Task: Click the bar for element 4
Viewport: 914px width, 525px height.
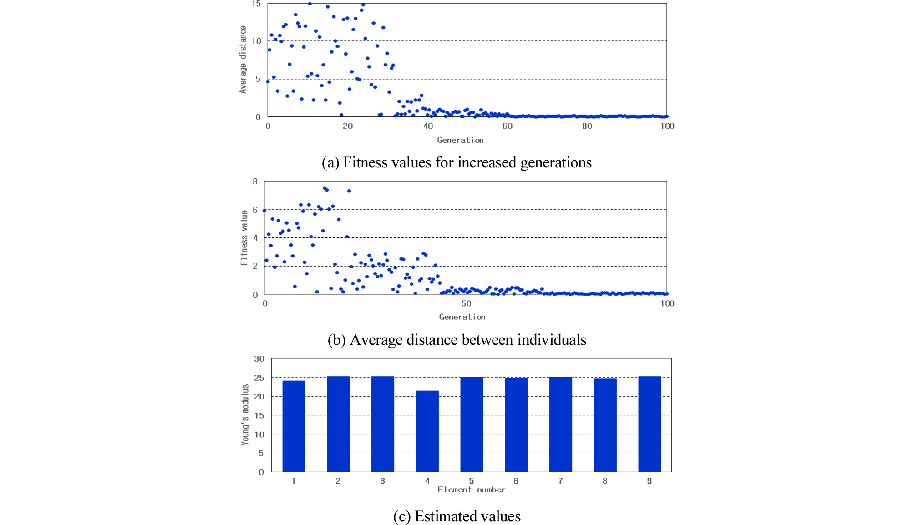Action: pyautogui.click(x=427, y=431)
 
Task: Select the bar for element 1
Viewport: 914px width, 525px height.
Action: pyautogui.click(x=294, y=426)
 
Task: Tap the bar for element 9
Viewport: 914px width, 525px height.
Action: pyautogui.click(x=650, y=424)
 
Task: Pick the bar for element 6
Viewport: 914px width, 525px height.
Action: pyautogui.click(x=516, y=424)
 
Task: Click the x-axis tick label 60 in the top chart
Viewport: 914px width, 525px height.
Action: pyautogui.click(x=508, y=126)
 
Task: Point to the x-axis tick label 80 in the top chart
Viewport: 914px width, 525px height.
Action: pyautogui.click(x=587, y=126)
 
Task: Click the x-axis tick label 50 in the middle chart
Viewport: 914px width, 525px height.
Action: pyautogui.click(x=466, y=303)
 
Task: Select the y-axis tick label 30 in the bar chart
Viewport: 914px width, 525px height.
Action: pyautogui.click(x=259, y=359)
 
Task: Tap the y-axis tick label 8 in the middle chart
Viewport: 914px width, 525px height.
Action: pyautogui.click(x=255, y=182)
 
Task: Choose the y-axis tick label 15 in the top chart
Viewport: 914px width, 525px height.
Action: pyautogui.click(x=256, y=4)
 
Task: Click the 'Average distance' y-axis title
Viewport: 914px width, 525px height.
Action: pyautogui.click(x=243, y=60)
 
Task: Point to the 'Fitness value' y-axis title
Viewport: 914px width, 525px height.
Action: pyautogui.click(x=244, y=237)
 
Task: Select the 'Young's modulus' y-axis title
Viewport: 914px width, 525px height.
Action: pyautogui.click(x=245, y=414)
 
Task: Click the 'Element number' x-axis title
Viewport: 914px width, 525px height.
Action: pyautogui.click(x=471, y=490)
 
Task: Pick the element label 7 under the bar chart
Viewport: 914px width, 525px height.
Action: pyautogui.click(x=560, y=480)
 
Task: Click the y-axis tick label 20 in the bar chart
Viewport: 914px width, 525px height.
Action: pyautogui.click(x=259, y=396)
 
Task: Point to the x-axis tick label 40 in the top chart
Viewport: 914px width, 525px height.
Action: pyautogui.click(x=428, y=126)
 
